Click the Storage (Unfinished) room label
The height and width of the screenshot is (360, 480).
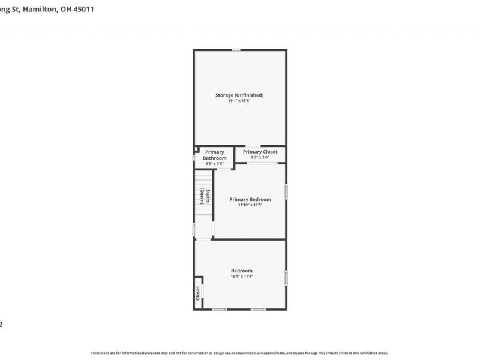point(239,95)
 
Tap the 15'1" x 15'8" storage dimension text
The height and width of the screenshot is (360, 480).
point(239,101)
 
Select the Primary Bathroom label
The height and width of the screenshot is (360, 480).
point(214,155)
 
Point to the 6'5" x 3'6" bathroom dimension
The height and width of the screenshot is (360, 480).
point(214,164)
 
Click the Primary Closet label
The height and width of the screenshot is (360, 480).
point(260,152)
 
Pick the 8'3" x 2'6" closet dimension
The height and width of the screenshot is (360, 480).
point(260,158)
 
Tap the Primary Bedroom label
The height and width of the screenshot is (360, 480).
point(250,199)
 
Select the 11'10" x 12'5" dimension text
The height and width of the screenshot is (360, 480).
point(250,205)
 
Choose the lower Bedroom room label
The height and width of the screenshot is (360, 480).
point(241,271)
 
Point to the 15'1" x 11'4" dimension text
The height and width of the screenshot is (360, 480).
point(241,277)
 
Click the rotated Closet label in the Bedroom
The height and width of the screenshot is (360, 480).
point(197,293)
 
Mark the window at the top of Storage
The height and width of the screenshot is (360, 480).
point(237,50)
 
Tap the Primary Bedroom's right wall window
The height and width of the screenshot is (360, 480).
point(286,191)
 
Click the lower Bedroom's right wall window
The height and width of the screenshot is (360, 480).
point(286,277)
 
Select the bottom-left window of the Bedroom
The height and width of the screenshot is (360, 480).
point(220,310)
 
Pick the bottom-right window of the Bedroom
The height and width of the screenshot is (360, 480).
point(259,310)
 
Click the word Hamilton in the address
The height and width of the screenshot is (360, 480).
point(43,10)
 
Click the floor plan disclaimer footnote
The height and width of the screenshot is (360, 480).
point(239,353)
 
